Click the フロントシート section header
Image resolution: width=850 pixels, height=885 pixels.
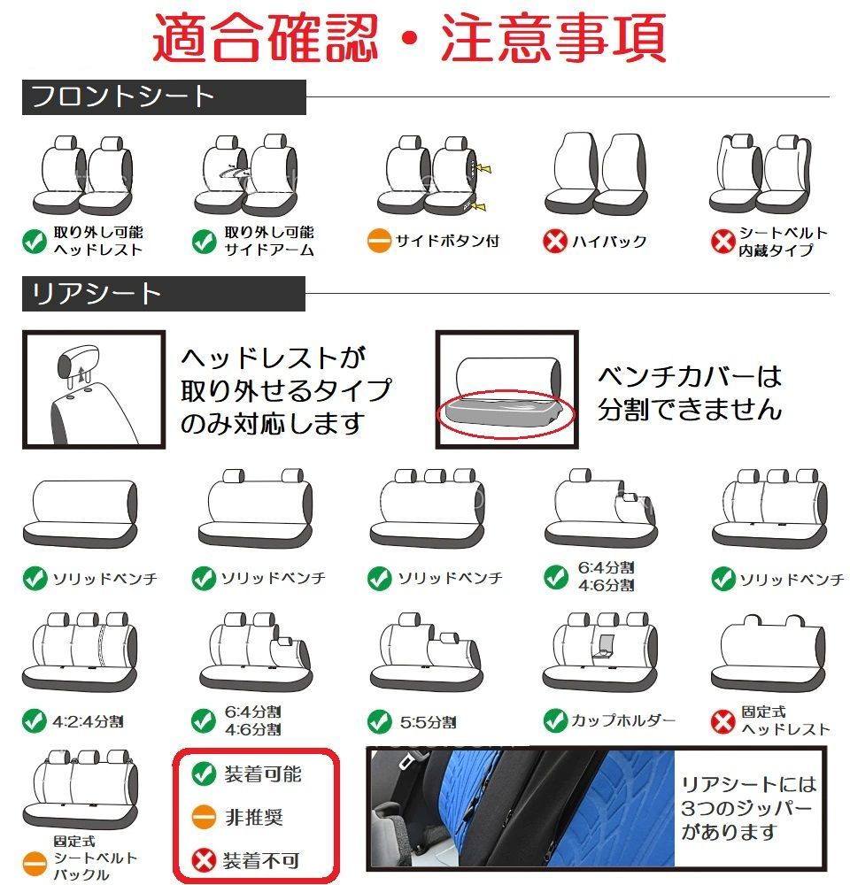pyautogui.click(x=164, y=97)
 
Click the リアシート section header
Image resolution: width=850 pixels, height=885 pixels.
pyautogui.click(x=164, y=294)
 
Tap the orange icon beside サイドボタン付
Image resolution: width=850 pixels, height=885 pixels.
pyautogui.click(x=378, y=241)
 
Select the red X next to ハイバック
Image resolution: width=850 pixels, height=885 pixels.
pyautogui.click(x=554, y=242)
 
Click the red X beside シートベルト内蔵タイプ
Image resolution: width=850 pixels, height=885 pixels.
pyautogui.click(x=722, y=242)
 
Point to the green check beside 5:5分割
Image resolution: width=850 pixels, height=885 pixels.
pyautogui.click(x=379, y=722)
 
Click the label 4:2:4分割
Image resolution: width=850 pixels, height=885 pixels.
pyautogui.click(x=88, y=721)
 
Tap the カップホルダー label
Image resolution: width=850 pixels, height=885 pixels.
pyautogui.click(x=623, y=720)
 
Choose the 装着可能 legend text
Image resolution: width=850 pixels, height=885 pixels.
pyautogui.click(x=263, y=773)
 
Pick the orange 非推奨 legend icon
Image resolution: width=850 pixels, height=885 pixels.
pyautogui.click(x=204, y=817)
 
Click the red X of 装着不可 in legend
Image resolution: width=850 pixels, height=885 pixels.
pyautogui.click(x=204, y=860)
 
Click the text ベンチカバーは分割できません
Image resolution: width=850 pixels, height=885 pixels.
pyautogui.click(x=690, y=393)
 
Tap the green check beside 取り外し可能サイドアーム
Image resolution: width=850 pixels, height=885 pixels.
pyautogui.click(x=204, y=242)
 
